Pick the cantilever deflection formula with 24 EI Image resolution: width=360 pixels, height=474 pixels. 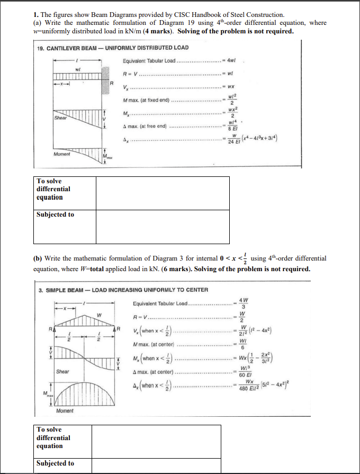click(256, 139)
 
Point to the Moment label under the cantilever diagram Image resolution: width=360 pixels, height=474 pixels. click(62, 154)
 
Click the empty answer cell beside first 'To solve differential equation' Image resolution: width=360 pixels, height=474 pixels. click(162, 193)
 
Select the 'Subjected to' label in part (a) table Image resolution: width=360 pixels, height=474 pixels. click(55, 214)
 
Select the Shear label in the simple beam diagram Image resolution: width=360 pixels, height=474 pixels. click(62, 371)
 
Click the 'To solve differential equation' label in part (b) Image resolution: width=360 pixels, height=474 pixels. click(53, 437)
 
